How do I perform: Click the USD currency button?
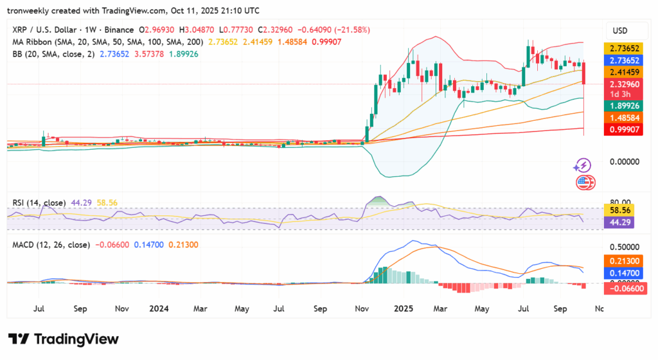pyautogui.click(x=621, y=31)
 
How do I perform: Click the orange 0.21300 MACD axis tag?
pyautogui.click(x=625, y=261)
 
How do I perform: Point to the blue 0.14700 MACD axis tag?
pyautogui.click(x=625, y=273)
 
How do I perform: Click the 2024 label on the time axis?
pyautogui.click(x=158, y=308)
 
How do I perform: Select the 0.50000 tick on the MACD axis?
pyautogui.click(x=625, y=246)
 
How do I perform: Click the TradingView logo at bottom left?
pyautogui.click(x=63, y=339)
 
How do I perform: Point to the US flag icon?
pyautogui.click(x=583, y=182)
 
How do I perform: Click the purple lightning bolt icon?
pyautogui.click(x=583, y=166)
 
